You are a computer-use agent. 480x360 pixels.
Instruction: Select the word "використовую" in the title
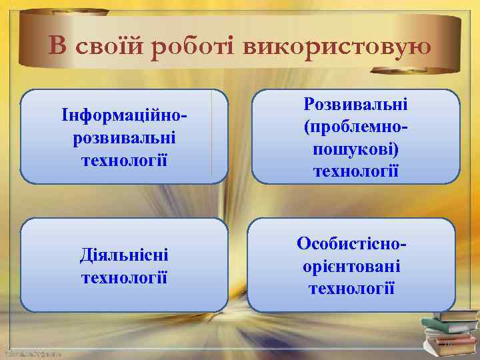coord(337,46)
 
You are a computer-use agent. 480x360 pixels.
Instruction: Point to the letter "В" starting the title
coord(58,46)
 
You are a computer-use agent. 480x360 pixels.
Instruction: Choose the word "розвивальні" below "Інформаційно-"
coord(123,139)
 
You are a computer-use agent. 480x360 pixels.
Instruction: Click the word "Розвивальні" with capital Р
coord(355,104)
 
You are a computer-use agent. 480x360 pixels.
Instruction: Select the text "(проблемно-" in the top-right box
coord(355,127)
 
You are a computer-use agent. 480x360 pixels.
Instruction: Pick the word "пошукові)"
coord(355,149)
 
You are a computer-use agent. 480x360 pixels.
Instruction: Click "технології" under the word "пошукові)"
coord(355,171)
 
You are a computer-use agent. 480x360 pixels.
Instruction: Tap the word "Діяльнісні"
coord(123,254)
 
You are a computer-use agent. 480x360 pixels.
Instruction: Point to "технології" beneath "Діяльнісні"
coord(123,275)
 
